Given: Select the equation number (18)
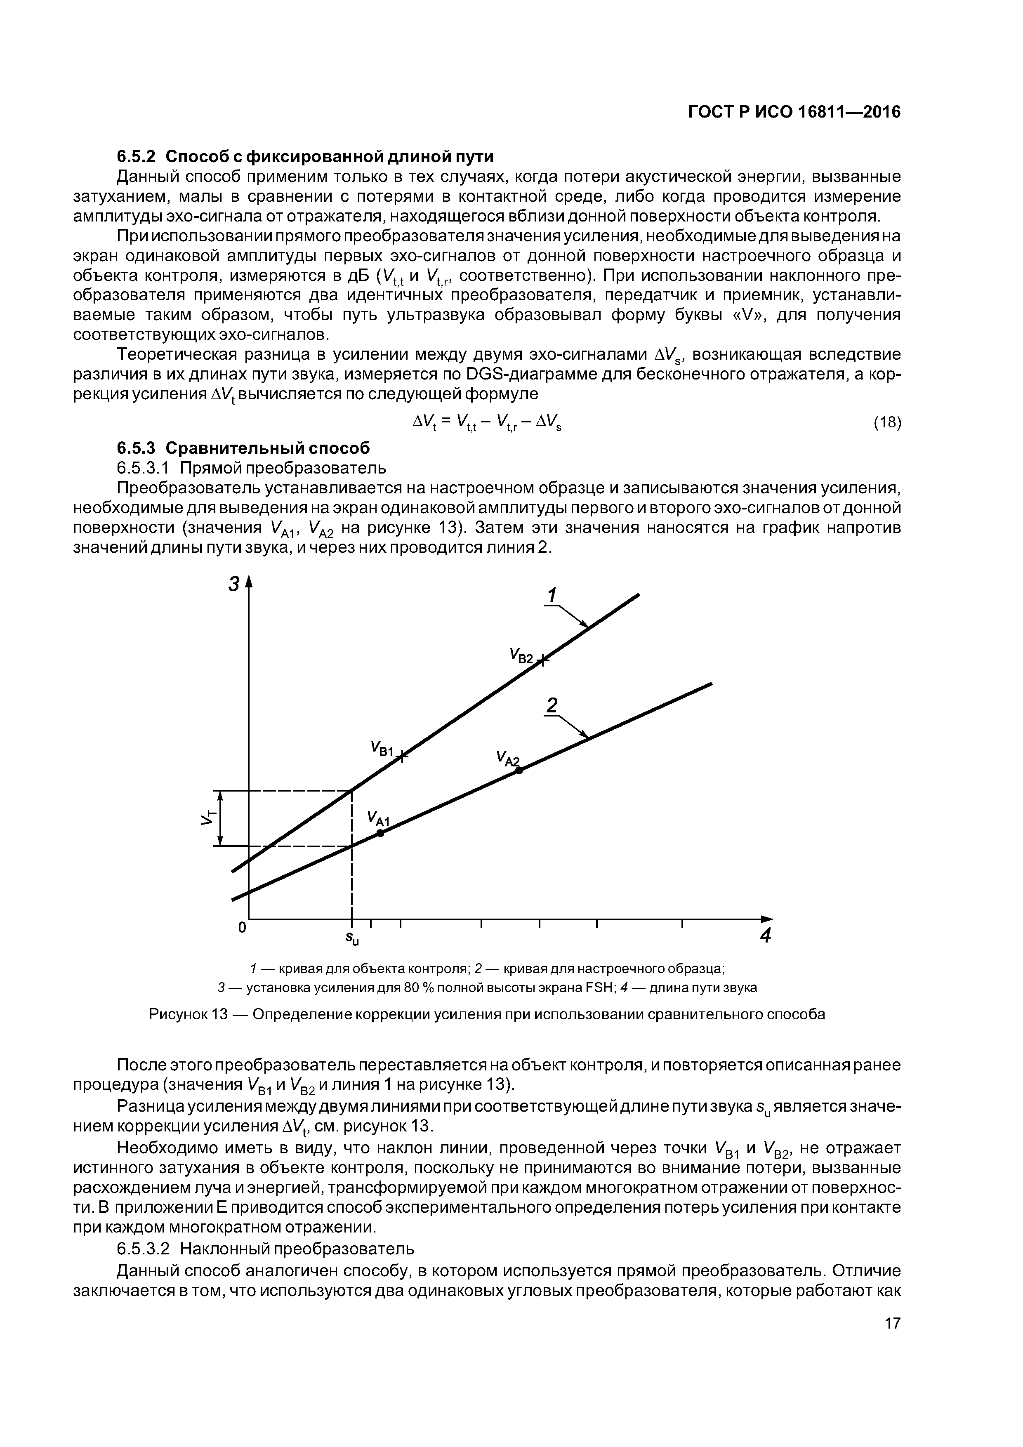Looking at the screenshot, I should [887, 422].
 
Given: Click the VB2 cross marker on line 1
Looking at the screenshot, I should [543, 659].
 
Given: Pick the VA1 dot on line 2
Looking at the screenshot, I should [380, 833].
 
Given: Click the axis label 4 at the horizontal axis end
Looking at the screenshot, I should [765, 936].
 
